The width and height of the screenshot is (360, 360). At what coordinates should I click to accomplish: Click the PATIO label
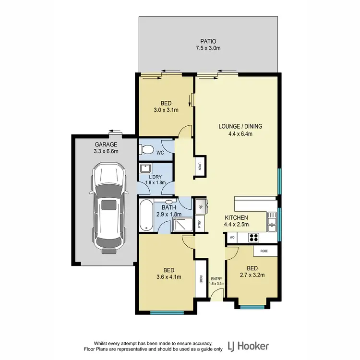coord(208,41)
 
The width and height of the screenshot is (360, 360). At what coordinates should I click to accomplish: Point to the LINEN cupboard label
coord(200,167)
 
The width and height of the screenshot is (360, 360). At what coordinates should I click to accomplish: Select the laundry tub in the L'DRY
coord(145,168)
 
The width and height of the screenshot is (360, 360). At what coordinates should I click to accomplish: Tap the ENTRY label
coord(216,278)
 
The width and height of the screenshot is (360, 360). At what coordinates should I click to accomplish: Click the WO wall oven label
coord(232,237)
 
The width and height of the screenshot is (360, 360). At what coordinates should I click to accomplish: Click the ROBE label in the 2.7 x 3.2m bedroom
coord(264,251)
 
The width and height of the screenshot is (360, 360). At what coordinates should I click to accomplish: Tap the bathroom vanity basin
coord(170,203)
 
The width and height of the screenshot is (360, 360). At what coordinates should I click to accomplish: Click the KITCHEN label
coord(236,217)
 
